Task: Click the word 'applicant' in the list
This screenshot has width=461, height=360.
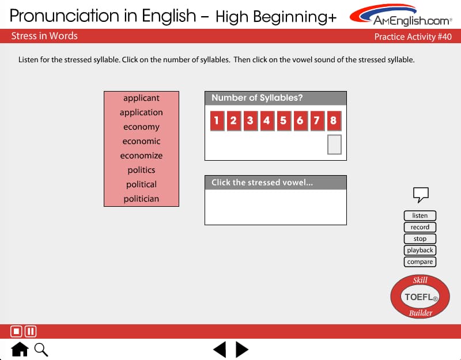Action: tap(141, 98)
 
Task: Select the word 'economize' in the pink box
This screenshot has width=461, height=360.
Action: tap(141, 156)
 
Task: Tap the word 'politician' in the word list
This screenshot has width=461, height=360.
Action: tap(141, 199)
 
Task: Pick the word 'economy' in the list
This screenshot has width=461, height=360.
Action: tap(141, 127)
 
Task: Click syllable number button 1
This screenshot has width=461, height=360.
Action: tap(217, 120)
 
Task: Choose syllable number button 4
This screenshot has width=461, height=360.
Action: tap(267, 120)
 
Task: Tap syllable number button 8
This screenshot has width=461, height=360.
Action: tap(334, 120)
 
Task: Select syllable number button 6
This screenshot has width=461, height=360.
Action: tap(300, 120)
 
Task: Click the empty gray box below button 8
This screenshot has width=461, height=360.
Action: tap(334, 145)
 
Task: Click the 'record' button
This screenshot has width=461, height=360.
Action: tap(420, 227)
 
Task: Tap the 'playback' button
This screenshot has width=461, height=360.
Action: tap(420, 250)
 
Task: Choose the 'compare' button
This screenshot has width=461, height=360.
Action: tap(420, 262)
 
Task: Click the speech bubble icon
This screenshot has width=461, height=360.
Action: tap(421, 194)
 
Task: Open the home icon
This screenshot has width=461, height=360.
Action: tap(20, 349)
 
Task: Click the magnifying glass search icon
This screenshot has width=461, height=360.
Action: tap(41, 350)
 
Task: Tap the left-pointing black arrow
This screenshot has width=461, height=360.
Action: tap(220, 350)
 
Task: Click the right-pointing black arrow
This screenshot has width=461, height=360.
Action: tap(242, 350)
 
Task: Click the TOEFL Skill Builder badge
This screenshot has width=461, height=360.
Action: tap(420, 297)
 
